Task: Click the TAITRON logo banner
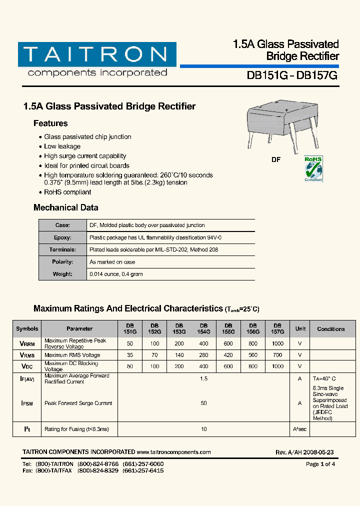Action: coord(97,54)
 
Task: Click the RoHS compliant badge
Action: coord(313,169)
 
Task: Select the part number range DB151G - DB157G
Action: coord(292,75)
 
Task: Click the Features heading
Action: coord(50,123)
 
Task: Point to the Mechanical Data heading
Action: coord(65,207)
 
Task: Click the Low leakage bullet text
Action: coord(62,146)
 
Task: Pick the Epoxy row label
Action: coord(62,237)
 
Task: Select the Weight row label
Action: coord(62,274)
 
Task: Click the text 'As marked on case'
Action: coord(112,262)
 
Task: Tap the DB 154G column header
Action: coord(203,328)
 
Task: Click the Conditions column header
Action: coord(330,329)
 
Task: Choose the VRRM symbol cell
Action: coord(27,344)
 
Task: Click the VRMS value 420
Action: coord(228,355)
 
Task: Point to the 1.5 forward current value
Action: coord(203,379)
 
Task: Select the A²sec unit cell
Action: coord(300,429)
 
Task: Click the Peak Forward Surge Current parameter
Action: coord(78,403)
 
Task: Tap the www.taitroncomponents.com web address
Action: coord(173,452)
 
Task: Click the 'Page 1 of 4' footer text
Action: coord(320,464)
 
